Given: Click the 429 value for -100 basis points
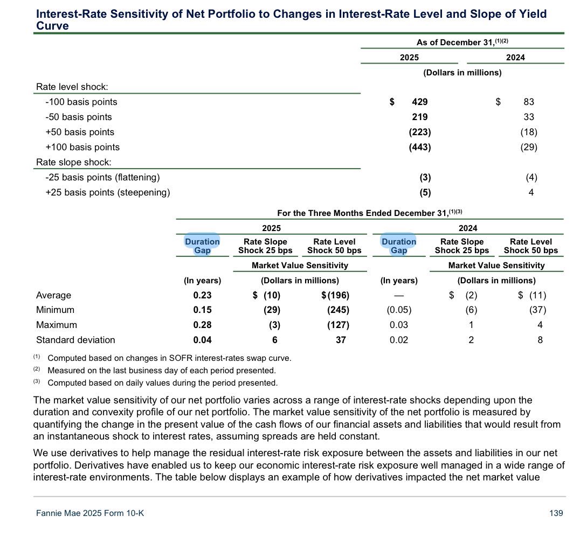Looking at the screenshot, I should tap(419, 102).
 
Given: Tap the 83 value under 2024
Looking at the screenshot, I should tap(529, 102).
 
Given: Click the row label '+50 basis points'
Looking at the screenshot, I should tap(80, 132).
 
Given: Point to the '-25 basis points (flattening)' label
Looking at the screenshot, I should tap(103, 177).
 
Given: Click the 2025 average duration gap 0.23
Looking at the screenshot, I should tap(203, 295).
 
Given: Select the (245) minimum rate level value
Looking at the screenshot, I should tap(338, 310).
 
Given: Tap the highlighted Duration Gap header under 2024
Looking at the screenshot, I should tap(399, 246).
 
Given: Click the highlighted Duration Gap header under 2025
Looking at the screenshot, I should tap(202, 246).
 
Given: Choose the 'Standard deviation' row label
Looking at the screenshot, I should tap(75, 340).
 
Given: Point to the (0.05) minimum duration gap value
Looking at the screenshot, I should tap(399, 310).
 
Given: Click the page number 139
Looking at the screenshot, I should tap(556, 513).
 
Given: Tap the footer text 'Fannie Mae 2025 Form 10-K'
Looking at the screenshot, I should tap(90, 513).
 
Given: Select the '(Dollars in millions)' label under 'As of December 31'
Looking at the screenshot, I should tap(462, 73).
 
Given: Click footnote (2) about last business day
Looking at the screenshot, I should tap(161, 371).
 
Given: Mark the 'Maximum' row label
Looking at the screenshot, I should tap(57, 325).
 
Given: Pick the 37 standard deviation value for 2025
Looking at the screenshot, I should tap(340, 340).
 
